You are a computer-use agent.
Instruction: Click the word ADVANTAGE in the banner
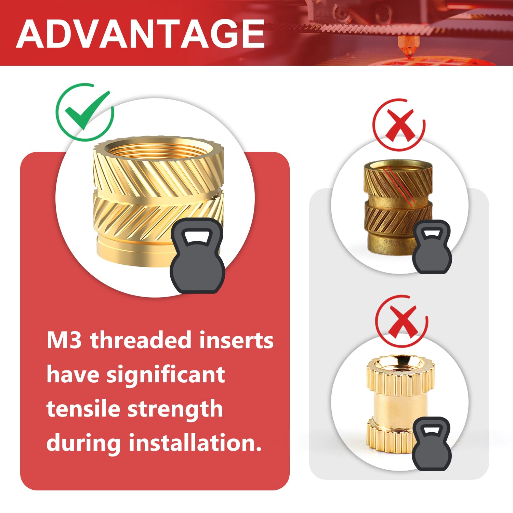coord(140,34)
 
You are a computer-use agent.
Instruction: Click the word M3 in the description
coord(64,341)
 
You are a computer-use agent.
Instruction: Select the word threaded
coord(141,341)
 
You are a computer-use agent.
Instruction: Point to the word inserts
coord(236,341)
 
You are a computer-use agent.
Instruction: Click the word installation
coord(195,443)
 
